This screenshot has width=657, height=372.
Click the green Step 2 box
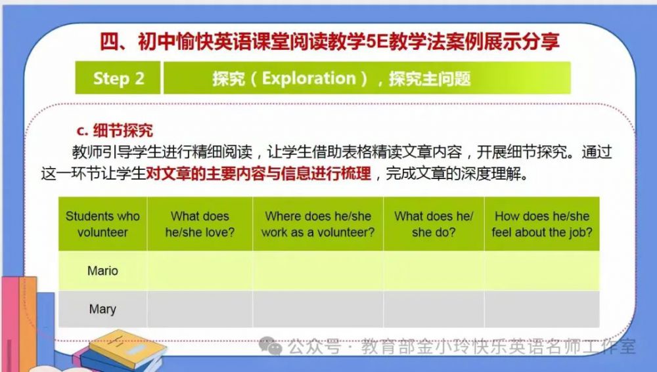[x=118, y=78]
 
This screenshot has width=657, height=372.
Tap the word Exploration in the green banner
[x=309, y=78]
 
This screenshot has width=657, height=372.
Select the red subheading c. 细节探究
[x=115, y=131]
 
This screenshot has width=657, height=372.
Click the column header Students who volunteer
[x=102, y=224]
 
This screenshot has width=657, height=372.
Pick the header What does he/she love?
[x=200, y=224]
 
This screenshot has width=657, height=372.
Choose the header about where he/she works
[x=318, y=224]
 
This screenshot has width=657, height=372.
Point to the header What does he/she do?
[x=434, y=224]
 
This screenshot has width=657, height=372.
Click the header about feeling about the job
[x=542, y=224]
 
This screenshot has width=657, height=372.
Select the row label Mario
[x=102, y=271]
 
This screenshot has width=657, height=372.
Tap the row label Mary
[x=102, y=309]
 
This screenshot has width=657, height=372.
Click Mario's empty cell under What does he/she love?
[x=200, y=271]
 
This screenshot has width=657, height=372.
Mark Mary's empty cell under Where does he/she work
[x=318, y=309]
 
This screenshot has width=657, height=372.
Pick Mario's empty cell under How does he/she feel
[x=542, y=271]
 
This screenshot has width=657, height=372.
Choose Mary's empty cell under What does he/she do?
[x=434, y=309]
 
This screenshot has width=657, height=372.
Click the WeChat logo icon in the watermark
[x=270, y=346]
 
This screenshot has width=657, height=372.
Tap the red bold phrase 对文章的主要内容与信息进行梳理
[x=258, y=173]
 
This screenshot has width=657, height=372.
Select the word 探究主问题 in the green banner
[x=430, y=78]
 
